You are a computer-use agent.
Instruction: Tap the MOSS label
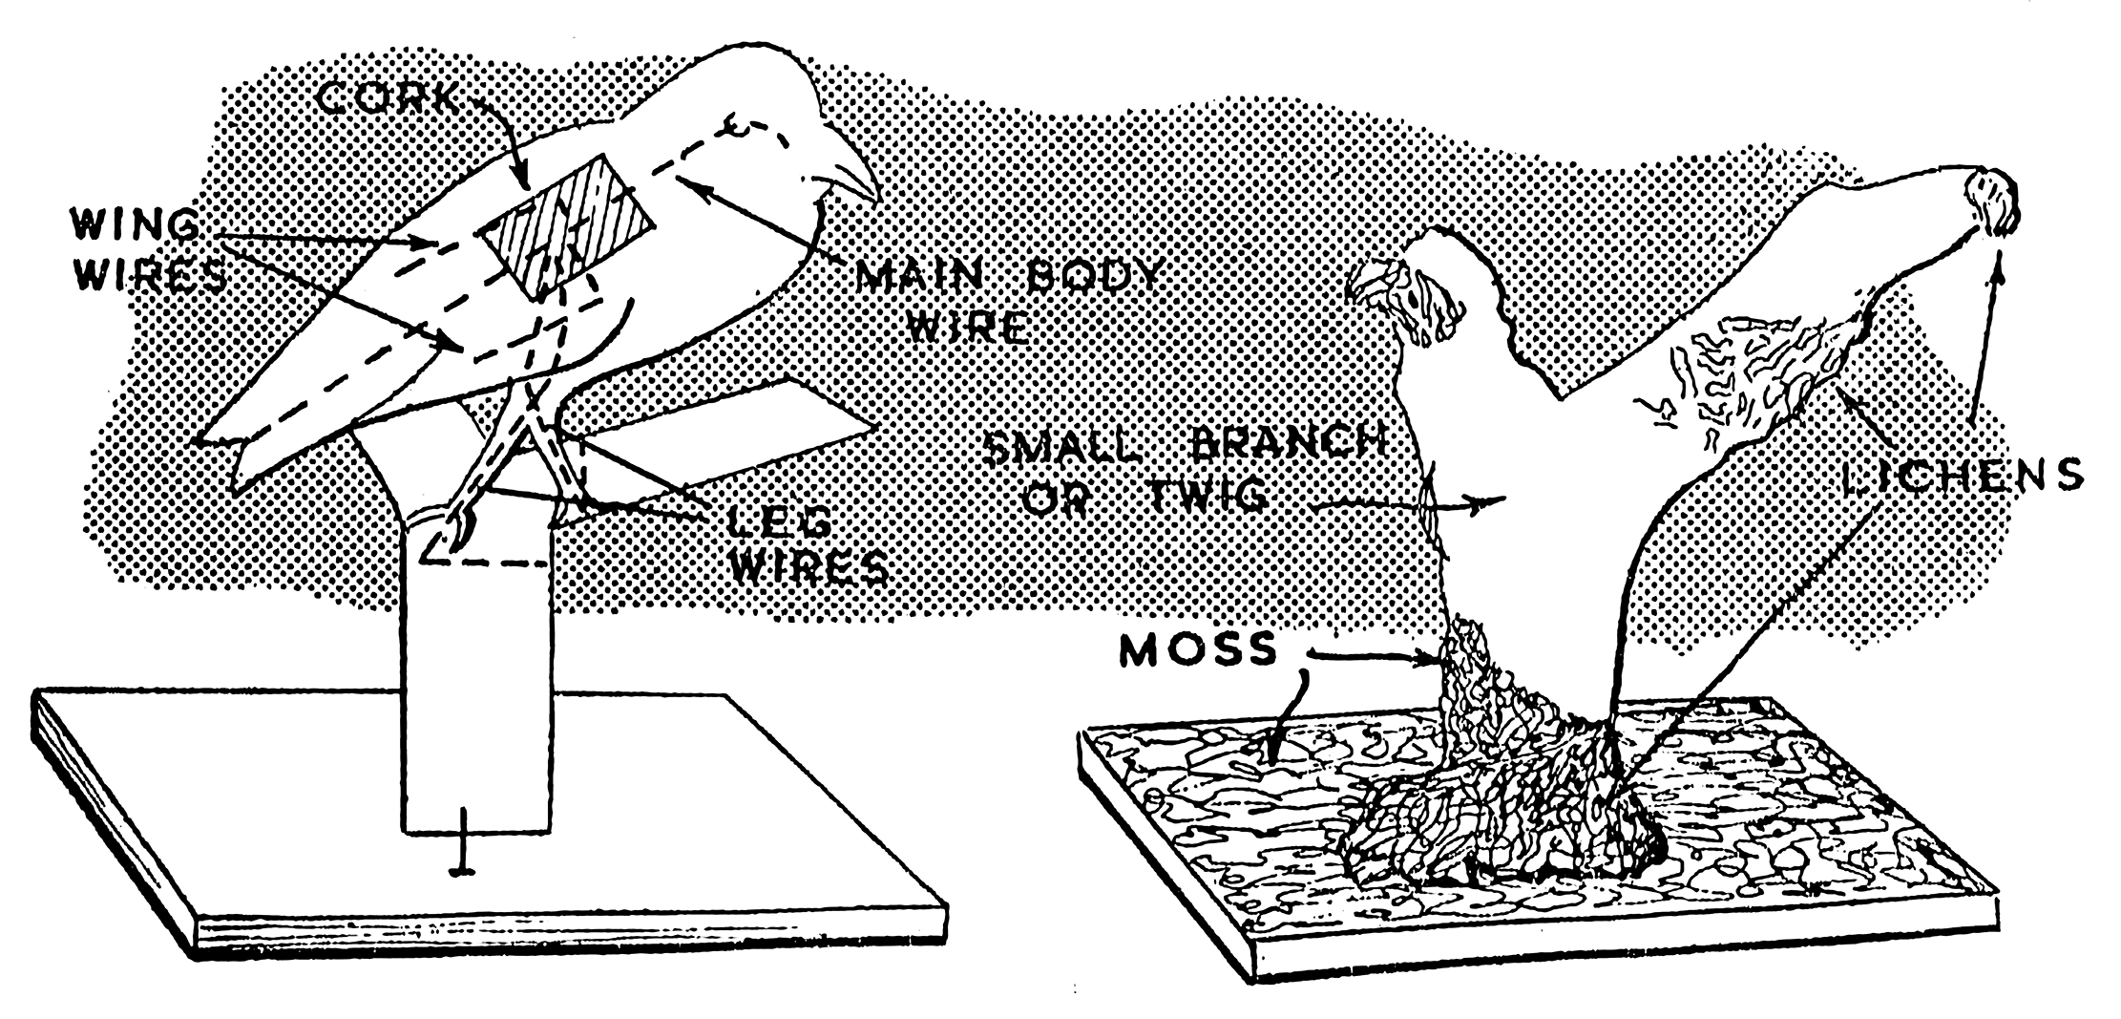[x=1197, y=650]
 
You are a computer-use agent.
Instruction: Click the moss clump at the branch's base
[x=1489, y=764]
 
